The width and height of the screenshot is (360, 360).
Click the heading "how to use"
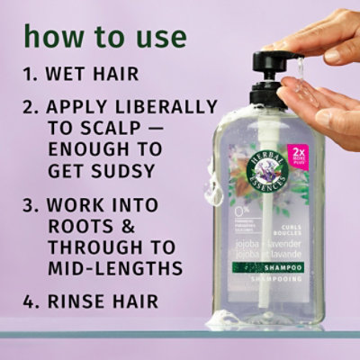(x=105, y=37)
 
